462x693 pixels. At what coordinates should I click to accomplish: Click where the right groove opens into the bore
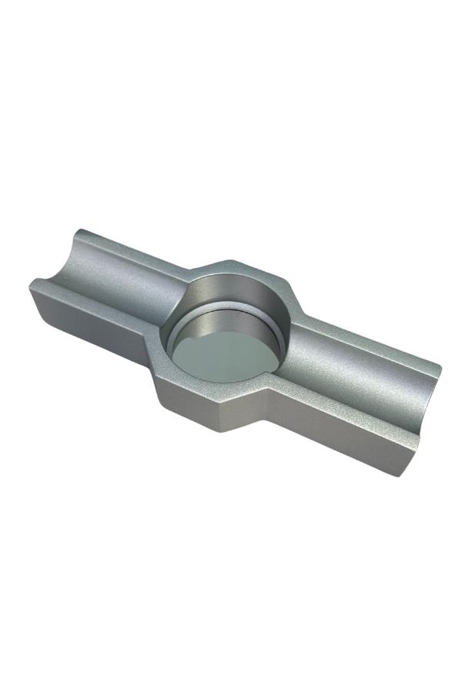pyautogui.click(x=289, y=339)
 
